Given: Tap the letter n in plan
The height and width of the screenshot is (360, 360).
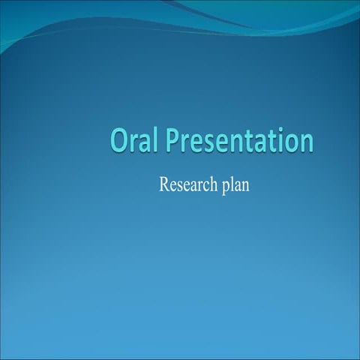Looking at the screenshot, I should point(244,185).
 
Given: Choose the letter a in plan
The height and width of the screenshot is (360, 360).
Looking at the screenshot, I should point(237,185).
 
